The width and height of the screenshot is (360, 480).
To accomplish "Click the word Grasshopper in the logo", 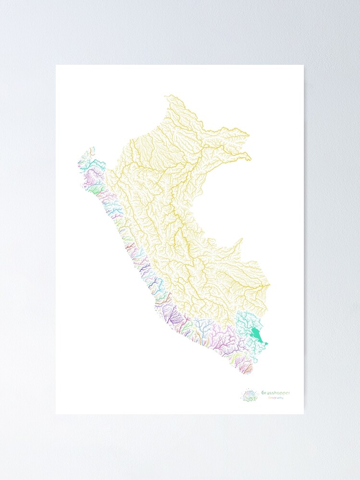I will tap(276, 393).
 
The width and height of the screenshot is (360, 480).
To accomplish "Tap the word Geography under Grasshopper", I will tap(272, 398).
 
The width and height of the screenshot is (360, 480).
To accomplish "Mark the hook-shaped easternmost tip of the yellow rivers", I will tap(249, 157).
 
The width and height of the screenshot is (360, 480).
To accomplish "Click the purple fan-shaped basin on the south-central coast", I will tap(173, 317).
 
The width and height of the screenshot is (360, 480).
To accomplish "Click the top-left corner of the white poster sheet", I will tap(56, 65).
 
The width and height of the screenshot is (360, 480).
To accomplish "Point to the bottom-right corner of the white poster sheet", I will tap(303, 414).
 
